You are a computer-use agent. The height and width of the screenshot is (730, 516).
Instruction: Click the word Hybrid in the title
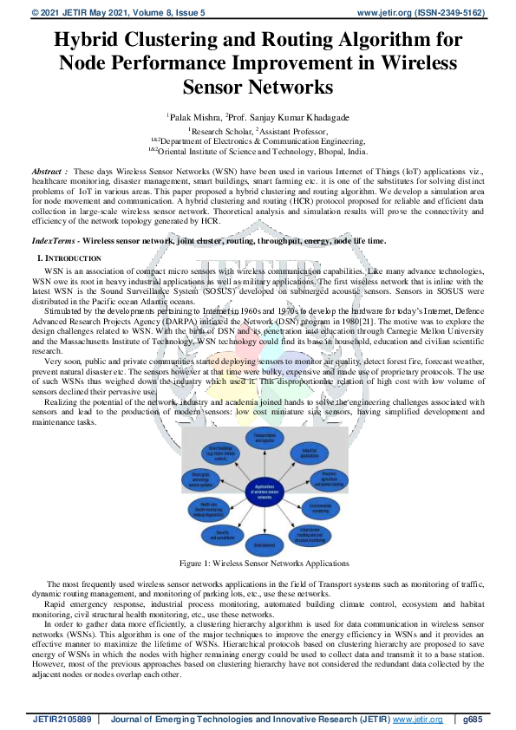tap(90, 40)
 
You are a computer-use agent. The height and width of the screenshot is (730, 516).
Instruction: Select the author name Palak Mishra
tap(194, 115)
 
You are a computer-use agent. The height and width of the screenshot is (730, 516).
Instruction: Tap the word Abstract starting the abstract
tap(49, 173)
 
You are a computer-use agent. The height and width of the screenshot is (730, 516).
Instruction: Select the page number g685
tap(473, 719)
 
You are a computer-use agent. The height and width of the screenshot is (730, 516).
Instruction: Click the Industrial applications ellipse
tap(309, 453)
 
